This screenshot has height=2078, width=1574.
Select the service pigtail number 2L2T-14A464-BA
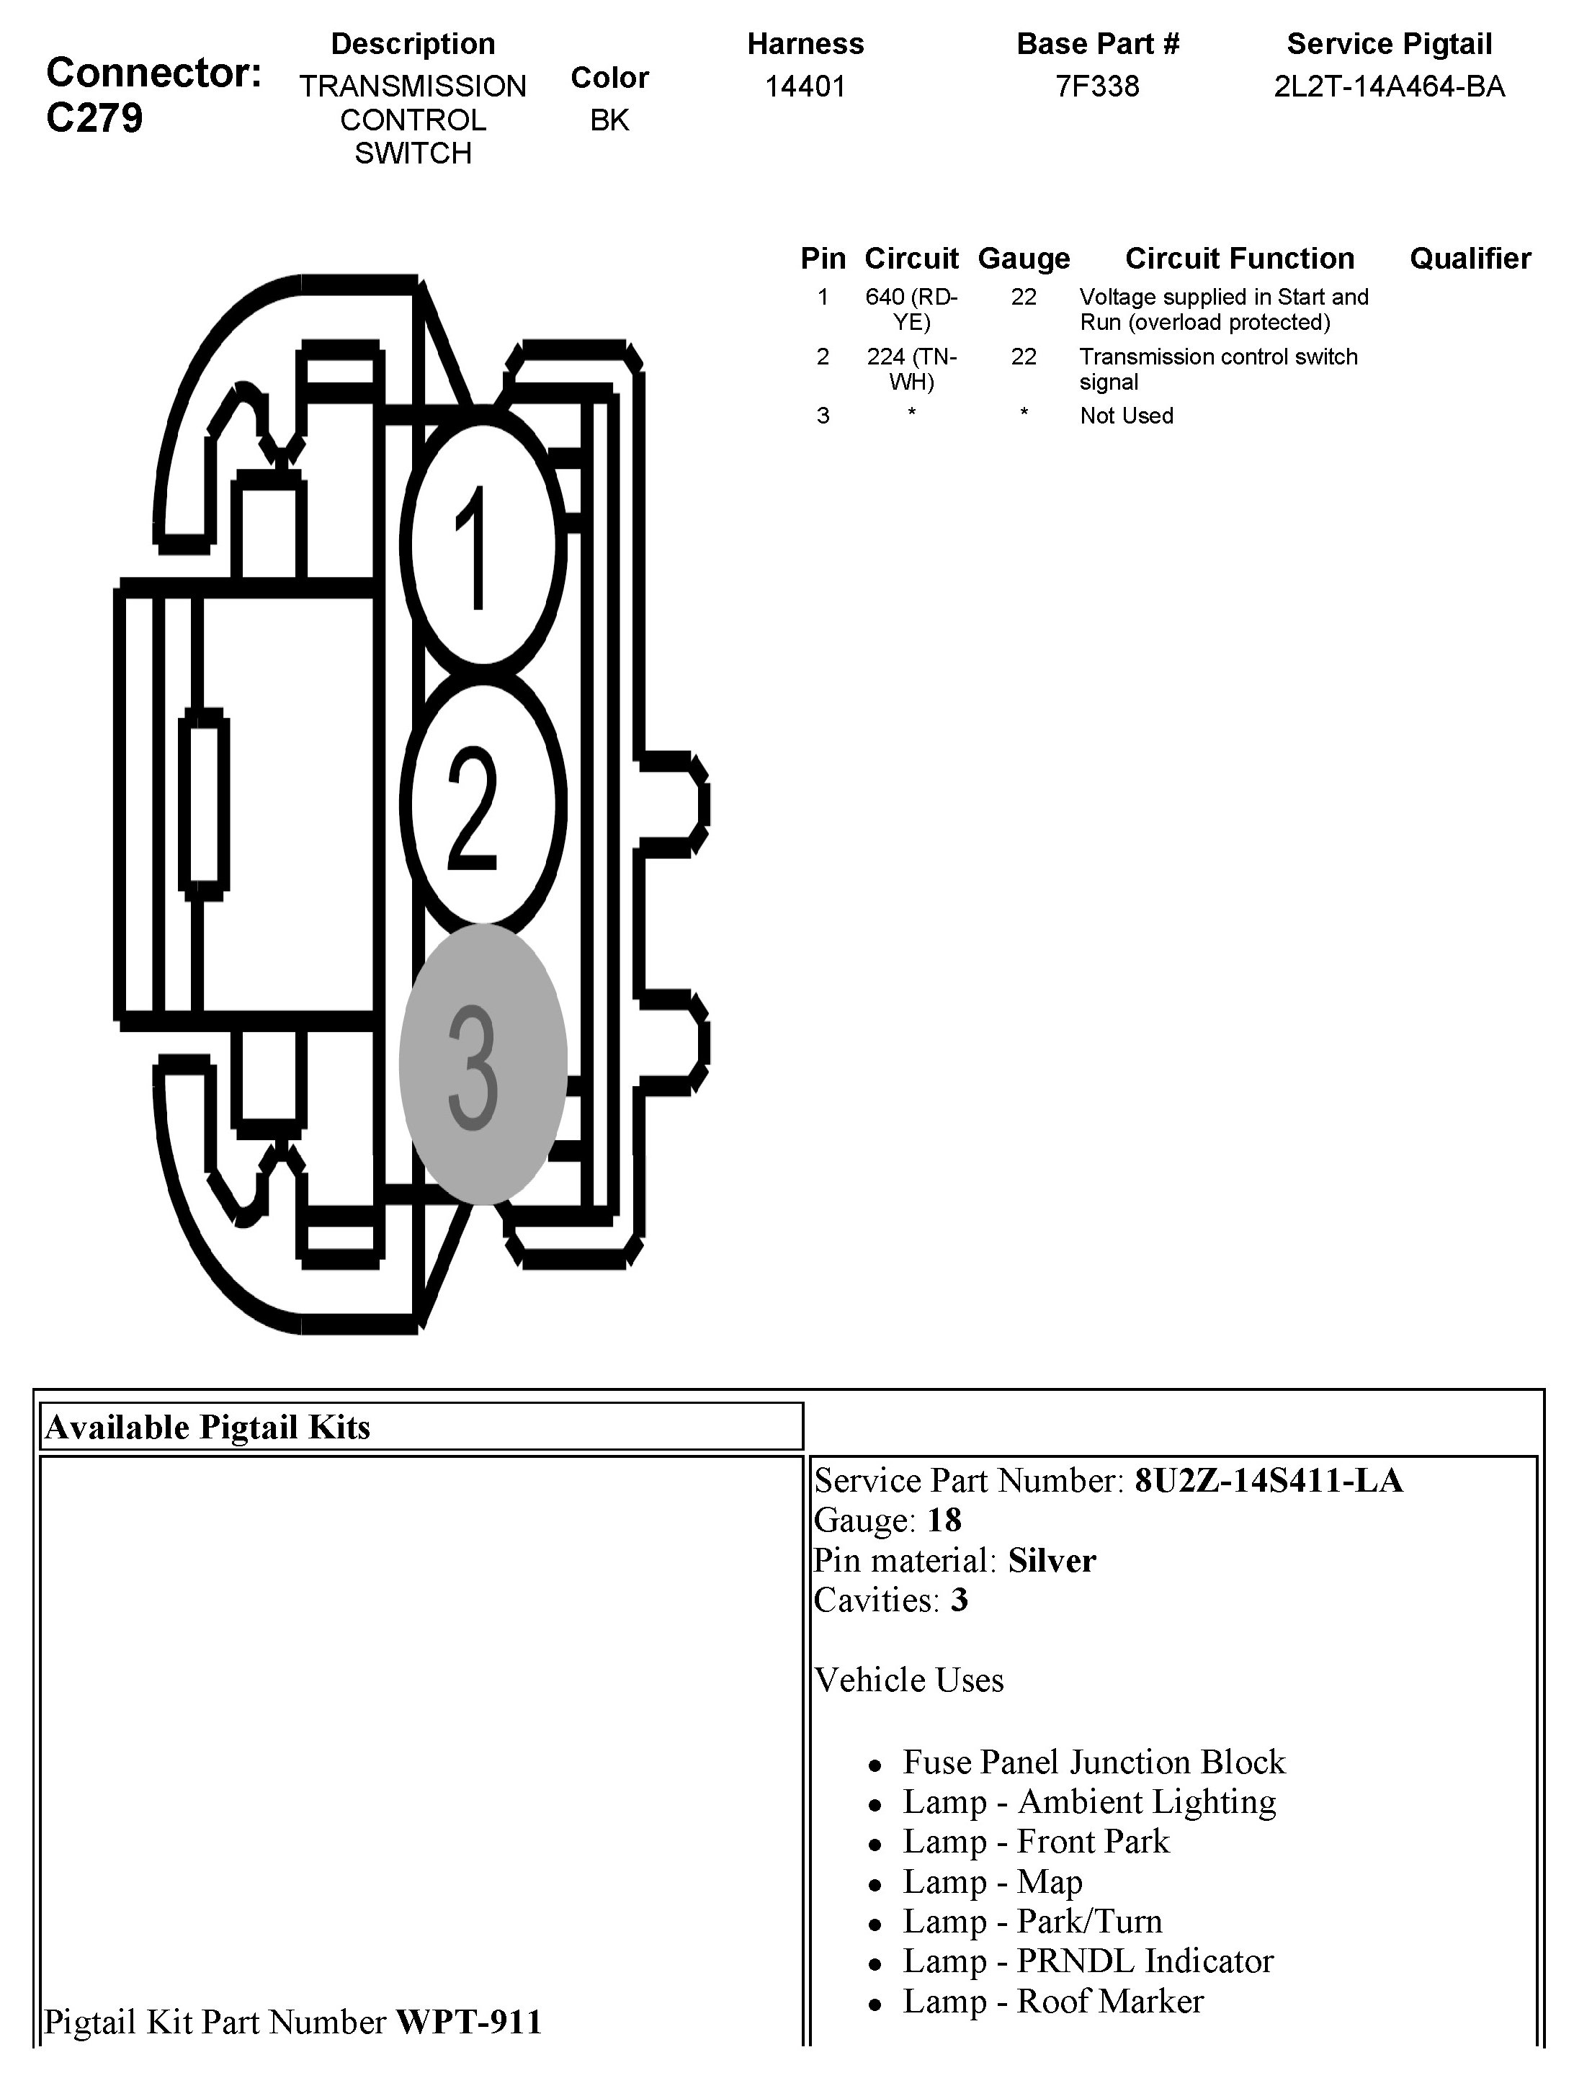pyautogui.click(x=1389, y=86)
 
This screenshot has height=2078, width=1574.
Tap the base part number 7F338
pyautogui.click(x=1096, y=86)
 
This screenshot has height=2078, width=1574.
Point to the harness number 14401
pyautogui.click(x=805, y=86)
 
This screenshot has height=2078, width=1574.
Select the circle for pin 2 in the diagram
pyautogui.click(x=483, y=804)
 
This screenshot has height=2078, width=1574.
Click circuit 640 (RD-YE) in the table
pyautogui.click(x=911, y=309)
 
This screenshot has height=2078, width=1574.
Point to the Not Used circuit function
pyautogui.click(x=1126, y=416)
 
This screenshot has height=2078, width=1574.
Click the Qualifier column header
pyautogui.click(x=1470, y=259)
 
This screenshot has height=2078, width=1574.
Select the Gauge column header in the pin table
pyautogui.click(x=1024, y=259)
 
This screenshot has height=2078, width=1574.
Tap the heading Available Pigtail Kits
pyautogui.click(x=207, y=1427)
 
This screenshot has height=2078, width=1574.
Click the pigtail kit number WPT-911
pyautogui.click(x=469, y=2020)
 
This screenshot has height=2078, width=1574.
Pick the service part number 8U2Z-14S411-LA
pyautogui.click(x=1268, y=1480)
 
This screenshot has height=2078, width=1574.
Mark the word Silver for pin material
pyautogui.click(x=1052, y=1560)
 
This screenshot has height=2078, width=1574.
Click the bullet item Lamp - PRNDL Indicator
pyautogui.click(x=1087, y=1961)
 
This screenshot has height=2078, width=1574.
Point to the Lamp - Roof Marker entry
pyautogui.click(x=1052, y=2001)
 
